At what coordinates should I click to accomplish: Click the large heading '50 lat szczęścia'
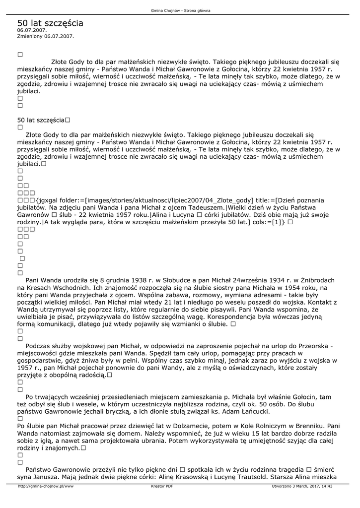pos(50,23)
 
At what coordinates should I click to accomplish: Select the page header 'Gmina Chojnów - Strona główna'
pos(180,10)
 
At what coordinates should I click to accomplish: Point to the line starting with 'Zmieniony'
pos(45,36)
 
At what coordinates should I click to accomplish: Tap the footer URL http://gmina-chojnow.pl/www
pos(46,486)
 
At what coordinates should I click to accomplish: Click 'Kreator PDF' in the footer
pos(162,486)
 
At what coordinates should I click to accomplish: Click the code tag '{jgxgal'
pos(48,199)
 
